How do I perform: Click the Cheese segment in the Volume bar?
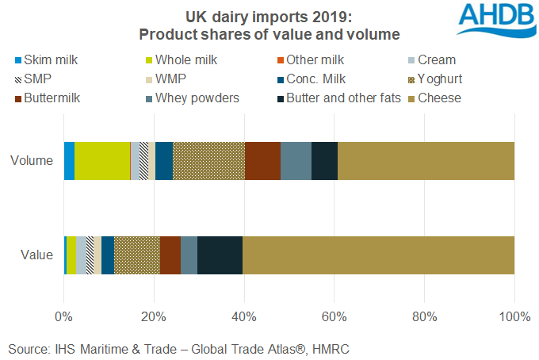(x=426, y=161)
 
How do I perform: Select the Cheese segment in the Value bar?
(x=378, y=255)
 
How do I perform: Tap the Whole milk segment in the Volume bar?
(x=102, y=161)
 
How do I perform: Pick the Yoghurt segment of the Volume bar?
(x=208, y=161)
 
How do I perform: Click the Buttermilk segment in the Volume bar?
(x=262, y=161)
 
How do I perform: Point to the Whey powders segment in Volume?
(x=296, y=161)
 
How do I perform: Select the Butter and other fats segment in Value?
(x=220, y=255)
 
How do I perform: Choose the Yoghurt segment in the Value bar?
(x=136, y=255)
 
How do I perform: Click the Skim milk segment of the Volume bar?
(x=69, y=161)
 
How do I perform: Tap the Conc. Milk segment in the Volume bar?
(x=163, y=161)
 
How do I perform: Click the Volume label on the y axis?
(x=32, y=161)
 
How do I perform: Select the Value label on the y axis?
(x=36, y=255)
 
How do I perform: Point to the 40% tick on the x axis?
(x=244, y=318)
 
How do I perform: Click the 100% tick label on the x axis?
(x=514, y=318)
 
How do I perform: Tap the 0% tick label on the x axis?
(x=63, y=318)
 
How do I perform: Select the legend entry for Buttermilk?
(x=55, y=98)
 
